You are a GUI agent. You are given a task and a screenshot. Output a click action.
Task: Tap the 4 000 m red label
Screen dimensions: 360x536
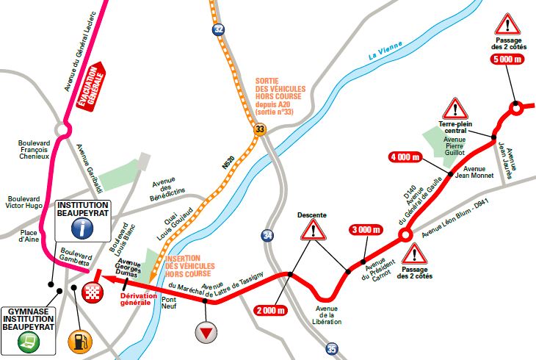tap(405, 156)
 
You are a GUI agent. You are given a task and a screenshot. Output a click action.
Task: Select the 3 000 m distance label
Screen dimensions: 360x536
tap(366, 230)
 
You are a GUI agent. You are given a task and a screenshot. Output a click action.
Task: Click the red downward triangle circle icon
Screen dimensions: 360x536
tap(207, 332)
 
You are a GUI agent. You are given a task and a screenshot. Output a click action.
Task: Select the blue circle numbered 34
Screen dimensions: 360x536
tap(267, 236)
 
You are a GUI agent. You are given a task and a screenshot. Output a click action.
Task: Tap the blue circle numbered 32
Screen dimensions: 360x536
tap(217, 29)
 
